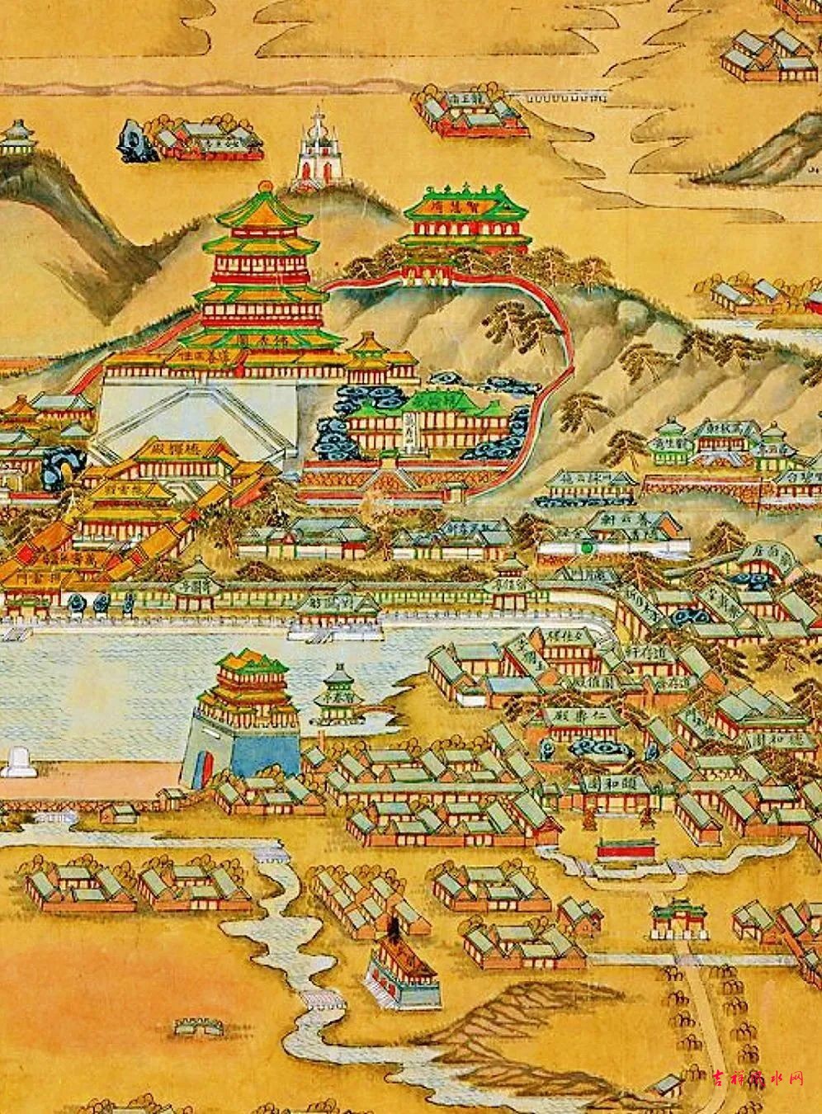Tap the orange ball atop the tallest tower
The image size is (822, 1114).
tap(266, 186)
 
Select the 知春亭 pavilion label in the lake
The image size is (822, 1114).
tap(335, 696)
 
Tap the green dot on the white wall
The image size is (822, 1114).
tap(587, 545)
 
